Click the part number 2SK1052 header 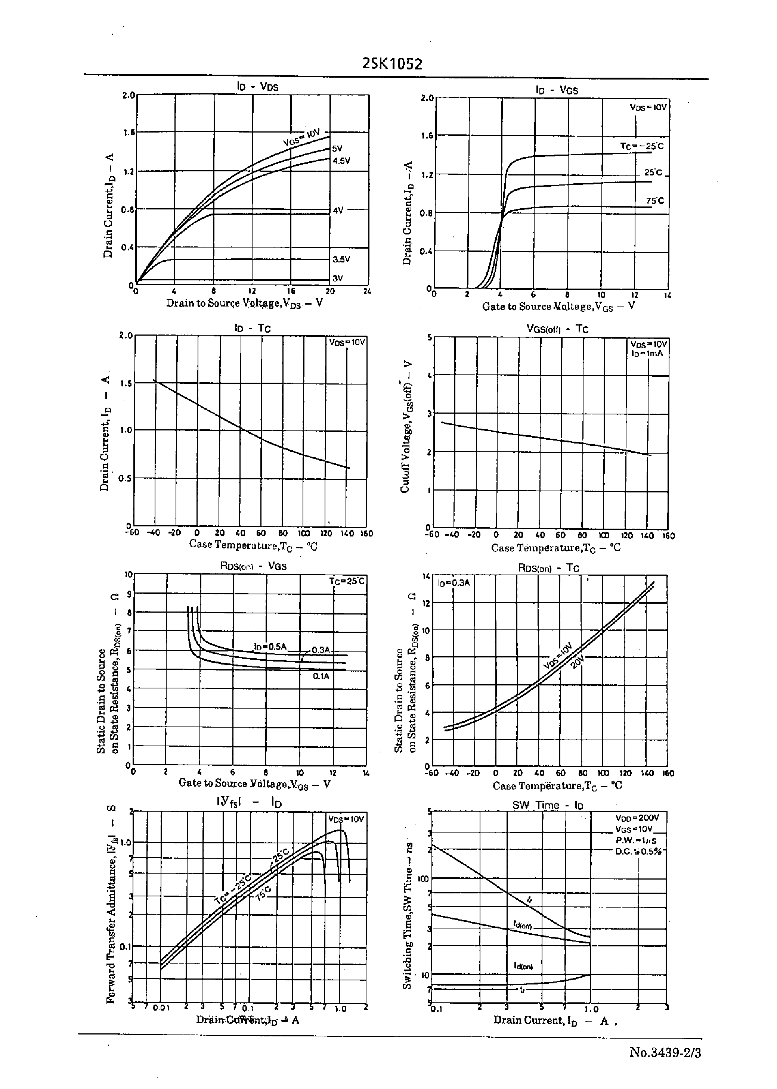coord(392,64)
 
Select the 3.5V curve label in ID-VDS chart coord(341,259)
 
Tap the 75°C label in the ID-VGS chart coord(654,201)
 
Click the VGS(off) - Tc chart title coord(557,329)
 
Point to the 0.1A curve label coord(321,676)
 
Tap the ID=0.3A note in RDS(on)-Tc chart coord(453,583)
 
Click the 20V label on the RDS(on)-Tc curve coord(578,663)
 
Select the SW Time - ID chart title coord(548,805)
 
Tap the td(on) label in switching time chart coord(523,966)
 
